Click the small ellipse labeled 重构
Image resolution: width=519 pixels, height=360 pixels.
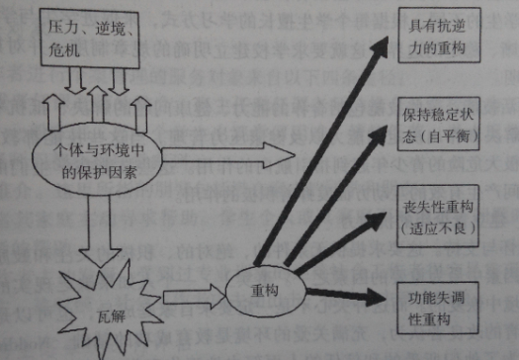[x=261, y=290]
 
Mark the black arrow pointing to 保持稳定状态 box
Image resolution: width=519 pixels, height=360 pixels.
[x=346, y=198]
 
